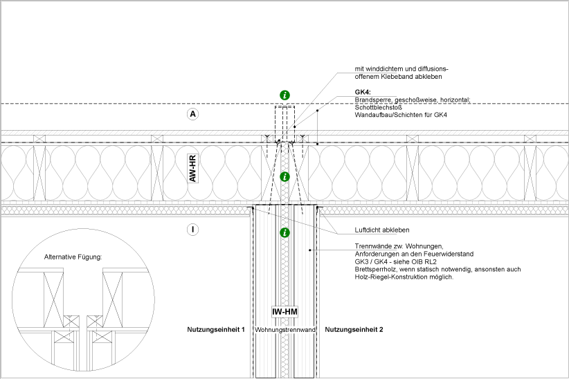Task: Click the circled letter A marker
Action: [192, 114]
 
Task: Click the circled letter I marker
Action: [192, 230]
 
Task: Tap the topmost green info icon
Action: [285, 95]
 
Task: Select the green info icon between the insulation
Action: [285, 177]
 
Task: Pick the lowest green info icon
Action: [285, 232]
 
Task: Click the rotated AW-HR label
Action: [192, 168]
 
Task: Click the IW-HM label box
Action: [285, 312]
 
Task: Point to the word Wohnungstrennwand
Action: [285, 330]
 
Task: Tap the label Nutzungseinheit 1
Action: [216, 330]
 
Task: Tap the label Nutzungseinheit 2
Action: [354, 330]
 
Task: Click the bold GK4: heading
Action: [363, 93]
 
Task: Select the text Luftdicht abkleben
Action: [382, 230]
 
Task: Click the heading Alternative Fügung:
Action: [73, 257]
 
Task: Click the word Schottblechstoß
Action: [379, 108]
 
